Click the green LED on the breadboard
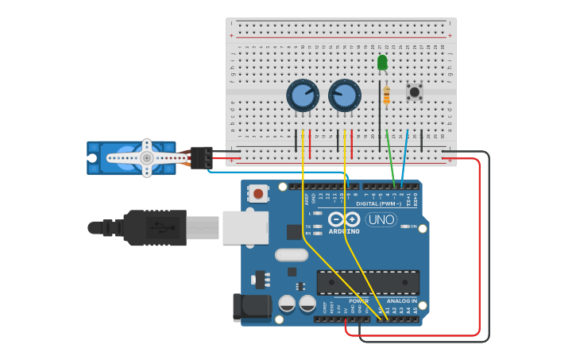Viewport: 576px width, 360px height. click(382, 62)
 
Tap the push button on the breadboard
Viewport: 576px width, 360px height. click(414, 91)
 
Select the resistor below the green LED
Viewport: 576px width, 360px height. click(386, 95)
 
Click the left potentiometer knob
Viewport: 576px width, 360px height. click(303, 95)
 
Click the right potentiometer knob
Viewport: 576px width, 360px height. click(344, 95)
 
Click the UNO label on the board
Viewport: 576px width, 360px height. click(381, 219)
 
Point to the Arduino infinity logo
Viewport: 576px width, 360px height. click(344, 219)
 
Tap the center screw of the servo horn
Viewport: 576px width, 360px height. click(147, 158)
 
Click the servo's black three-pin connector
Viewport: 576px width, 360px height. click(201, 157)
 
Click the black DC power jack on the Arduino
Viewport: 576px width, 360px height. click(249, 308)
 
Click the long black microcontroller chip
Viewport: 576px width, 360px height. click(368, 282)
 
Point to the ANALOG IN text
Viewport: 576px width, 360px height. click(401, 301)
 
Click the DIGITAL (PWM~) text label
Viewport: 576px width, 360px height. click(378, 204)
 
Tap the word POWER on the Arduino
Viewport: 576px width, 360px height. click(358, 301)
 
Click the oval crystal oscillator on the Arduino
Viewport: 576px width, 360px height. click(291, 255)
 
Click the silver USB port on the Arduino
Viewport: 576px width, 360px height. click(245, 227)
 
